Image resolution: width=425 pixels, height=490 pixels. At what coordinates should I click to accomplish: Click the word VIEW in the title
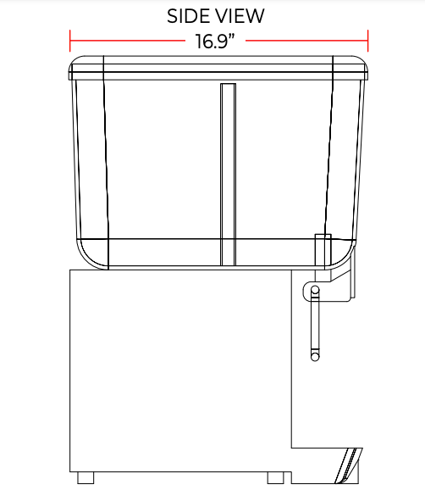(x=236, y=16)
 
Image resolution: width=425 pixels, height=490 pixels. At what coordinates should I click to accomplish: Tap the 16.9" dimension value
(x=215, y=41)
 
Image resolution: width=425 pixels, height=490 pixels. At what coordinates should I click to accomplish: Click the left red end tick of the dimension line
(x=70, y=41)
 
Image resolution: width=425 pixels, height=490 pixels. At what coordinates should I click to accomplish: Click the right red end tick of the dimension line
(x=368, y=41)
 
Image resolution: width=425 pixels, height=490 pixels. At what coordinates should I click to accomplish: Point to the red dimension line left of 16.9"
(x=127, y=41)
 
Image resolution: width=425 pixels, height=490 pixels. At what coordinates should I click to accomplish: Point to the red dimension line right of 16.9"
(x=307, y=41)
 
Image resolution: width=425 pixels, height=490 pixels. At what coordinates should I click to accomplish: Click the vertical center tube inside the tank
(x=228, y=175)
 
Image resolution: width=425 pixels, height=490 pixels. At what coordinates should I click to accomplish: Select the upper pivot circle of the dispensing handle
(x=315, y=290)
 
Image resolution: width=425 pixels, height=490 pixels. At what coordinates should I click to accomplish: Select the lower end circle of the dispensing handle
(x=315, y=357)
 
